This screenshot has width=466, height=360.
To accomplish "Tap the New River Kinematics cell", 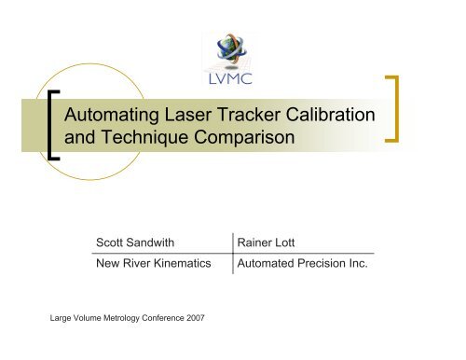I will tap(153, 264).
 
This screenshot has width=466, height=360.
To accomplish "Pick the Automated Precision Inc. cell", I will tap(304, 264).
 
